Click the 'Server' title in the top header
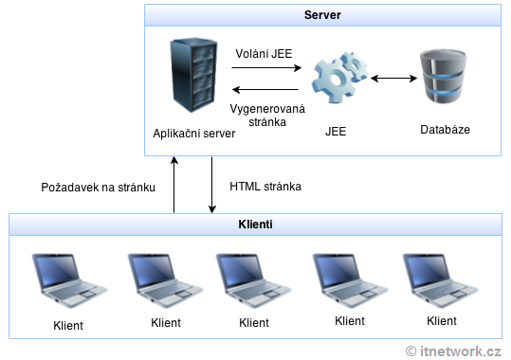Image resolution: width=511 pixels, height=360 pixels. coord(322,16)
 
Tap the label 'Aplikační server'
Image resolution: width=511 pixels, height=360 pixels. coord(193,134)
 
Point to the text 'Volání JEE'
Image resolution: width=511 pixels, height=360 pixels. coord(265,54)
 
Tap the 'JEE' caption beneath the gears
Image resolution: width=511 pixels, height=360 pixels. coord(335,134)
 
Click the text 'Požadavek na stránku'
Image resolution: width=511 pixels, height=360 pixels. coord(98,187)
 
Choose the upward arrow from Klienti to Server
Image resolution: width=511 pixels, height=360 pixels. coord(173,186)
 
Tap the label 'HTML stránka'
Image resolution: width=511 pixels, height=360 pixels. coord(265,187)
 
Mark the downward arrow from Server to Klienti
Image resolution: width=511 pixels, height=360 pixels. coord(210,186)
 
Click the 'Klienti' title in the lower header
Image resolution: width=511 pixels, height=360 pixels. coord(255,225)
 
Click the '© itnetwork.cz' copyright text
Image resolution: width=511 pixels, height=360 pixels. coord(453,350)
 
